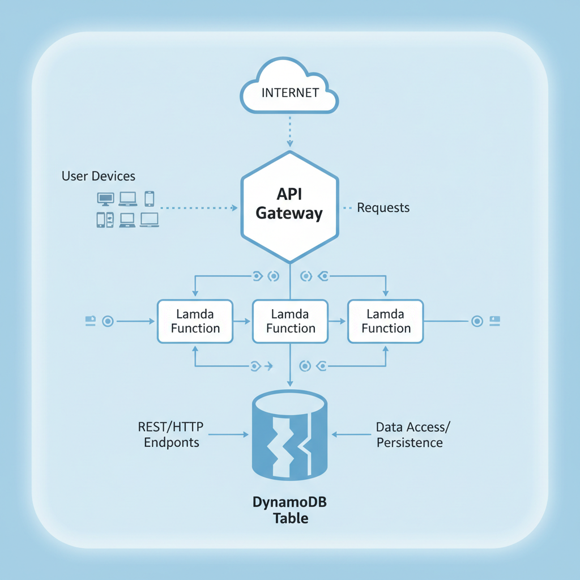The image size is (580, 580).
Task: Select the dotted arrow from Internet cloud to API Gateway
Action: pyautogui.click(x=289, y=131)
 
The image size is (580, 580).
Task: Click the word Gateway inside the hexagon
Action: pyautogui.click(x=289, y=214)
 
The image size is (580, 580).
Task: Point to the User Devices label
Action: pyautogui.click(x=99, y=176)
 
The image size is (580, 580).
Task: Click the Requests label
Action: pyautogui.click(x=383, y=208)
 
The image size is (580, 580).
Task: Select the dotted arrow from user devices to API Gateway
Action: pyautogui.click(x=198, y=208)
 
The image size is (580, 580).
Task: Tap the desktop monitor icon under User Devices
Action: pyautogui.click(x=105, y=198)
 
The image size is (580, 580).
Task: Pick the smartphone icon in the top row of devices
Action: pyautogui.click(x=149, y=198)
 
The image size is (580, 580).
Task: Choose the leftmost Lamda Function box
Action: pyautogui.click(x=195, y=321)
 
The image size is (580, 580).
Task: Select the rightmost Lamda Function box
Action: pyautogui.click(x=386, y=321)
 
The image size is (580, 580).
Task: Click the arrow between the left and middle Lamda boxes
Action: pyautogui.click(x=242, y=321)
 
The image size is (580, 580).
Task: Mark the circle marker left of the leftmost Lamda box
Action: pyautogui.click(x=108, y=321)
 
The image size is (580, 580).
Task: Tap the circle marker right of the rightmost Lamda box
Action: pyautogui.click(x=477, y=321)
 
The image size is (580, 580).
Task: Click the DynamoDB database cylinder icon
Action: pyautogui.click(x=289, y=434)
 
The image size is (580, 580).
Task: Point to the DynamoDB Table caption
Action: pyautogui.click(x=290, y=510)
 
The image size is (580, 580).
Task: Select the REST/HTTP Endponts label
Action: pyautogui.click(x=172, y=434)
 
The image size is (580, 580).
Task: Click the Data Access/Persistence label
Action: pyautogui.click(x=410, y=434)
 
